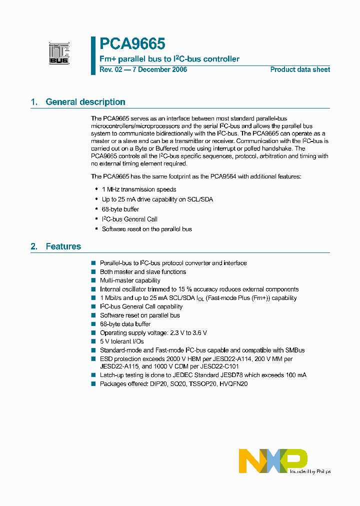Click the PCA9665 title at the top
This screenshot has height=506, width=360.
[x=132, y=44]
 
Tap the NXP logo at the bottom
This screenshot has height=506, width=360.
[x=273, y=460]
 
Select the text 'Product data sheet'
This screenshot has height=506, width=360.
[x=300, y=69]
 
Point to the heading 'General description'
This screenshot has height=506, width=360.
[x=85, y=102]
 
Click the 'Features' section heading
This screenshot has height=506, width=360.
[x=63, y=246]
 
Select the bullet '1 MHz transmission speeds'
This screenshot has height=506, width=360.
[x=139, y=189]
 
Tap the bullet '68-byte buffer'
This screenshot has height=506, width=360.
[x=120, y=209]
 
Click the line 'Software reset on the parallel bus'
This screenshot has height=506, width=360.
[x=147, y=229]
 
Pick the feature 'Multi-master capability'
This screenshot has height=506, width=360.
[x=130, y=280]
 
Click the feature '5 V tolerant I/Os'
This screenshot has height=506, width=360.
[x=122, y=341]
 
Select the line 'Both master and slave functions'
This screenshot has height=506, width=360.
[x=143, y=272]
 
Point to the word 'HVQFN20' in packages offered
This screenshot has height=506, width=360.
[x=233, y=384]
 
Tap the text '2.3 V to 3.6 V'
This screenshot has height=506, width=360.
[x=187, y=333]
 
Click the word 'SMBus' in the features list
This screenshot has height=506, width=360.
[x=294, y=350]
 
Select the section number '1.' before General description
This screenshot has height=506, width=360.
[x=34, y=102]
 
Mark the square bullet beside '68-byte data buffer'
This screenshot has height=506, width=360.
[x=93, y=324]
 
